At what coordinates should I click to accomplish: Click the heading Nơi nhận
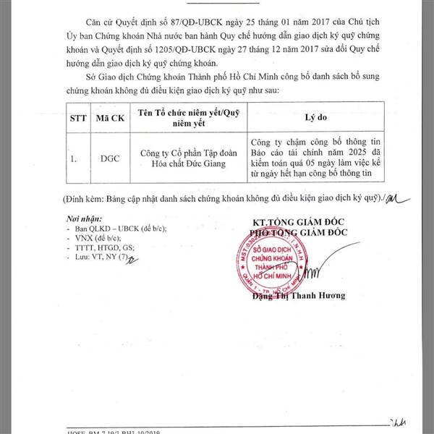click(79, 218)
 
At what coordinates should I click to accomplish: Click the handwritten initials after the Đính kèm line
click(394, 197)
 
